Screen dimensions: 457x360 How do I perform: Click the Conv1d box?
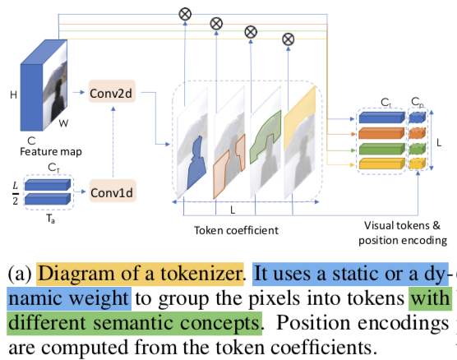[113, 191]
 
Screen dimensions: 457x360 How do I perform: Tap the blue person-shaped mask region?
[196, 163]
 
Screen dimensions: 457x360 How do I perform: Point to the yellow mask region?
[300, 117]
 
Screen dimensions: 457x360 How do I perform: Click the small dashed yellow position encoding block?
[418, 164]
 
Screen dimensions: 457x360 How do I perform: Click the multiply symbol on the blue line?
[185, 14]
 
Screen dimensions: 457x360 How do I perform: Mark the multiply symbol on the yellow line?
[289, 39]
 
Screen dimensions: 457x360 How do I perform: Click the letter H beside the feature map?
[13, 95]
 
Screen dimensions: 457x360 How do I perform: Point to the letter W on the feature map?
[63, 123]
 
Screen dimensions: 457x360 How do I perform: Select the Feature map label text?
[51, 151]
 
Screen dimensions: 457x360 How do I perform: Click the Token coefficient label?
[236, 230]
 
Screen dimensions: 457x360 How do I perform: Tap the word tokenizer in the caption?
[201, 274]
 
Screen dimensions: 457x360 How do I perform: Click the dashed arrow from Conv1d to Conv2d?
[113, 142]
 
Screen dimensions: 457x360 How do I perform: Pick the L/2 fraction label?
[15, 193]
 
